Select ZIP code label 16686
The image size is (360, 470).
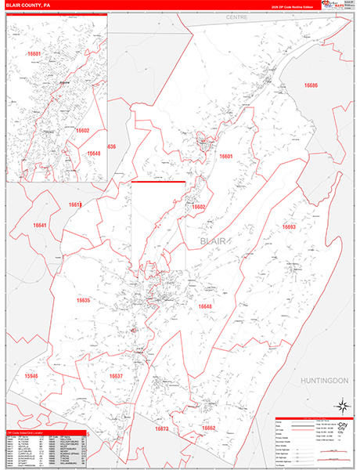(311, 85)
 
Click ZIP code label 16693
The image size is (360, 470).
(289, 226)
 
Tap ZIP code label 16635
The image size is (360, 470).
(84, 300)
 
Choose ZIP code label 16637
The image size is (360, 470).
(116, 376)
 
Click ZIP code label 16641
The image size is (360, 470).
(40, 226)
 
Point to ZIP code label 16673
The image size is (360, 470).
(162, 429)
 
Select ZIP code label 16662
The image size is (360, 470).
(208, 428)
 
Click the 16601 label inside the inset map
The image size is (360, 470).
(33, 54)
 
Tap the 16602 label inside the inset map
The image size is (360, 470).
(83, 131)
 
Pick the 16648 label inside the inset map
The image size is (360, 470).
(94, 154)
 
